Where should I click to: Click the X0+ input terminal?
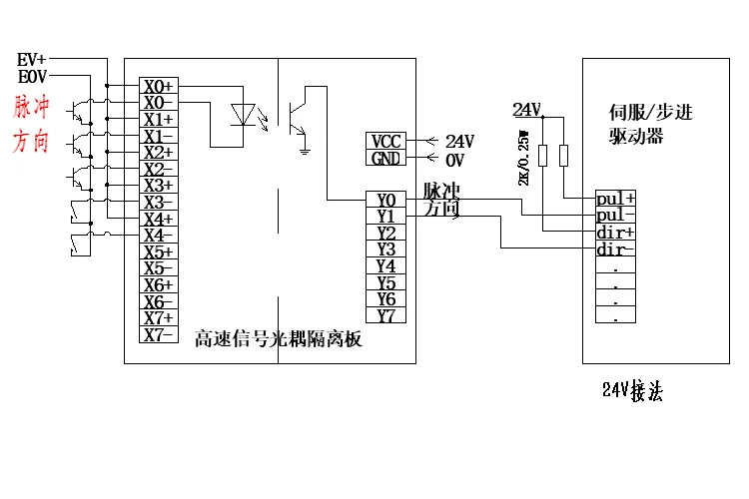click(158, 86)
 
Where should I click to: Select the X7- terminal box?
click(158, 335)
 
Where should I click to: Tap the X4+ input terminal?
click(158, 219)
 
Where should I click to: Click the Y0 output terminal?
click(386, 199)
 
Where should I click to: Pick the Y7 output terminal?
click(386, 315)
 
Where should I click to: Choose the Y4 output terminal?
click(386, 265)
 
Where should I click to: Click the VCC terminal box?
click(385, 142)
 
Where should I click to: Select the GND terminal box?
click(385, 159)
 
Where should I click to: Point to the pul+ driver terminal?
click(615, 198)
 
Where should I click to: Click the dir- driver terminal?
click(615, 249)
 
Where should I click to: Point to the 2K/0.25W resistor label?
click(522, 158)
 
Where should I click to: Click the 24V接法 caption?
click(632, 391)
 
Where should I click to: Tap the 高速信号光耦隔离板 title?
click(277, 340)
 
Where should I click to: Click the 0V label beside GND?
click(454, 160)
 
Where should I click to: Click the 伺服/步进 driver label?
click(650, 112)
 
